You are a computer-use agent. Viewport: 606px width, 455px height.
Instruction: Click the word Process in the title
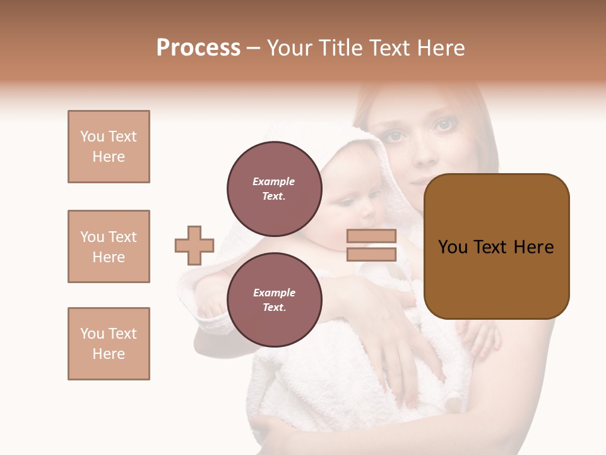[198, 48]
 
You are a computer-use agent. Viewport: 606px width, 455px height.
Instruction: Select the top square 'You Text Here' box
[109, 147]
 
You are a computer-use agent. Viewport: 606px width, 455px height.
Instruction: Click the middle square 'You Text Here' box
[109, 246]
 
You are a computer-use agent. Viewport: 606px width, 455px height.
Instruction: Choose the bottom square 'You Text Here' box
[109, 344]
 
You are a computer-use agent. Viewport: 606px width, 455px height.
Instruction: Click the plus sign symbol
[194, 245]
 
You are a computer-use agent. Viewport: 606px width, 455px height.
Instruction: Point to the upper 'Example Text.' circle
[274, 189]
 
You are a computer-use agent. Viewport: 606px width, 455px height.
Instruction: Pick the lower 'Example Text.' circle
[274, 300]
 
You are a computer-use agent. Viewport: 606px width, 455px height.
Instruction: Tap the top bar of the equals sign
[371, 236]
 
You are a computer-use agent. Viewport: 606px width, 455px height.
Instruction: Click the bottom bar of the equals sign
[371, 254]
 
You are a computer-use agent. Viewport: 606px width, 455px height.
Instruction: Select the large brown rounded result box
[496, 246]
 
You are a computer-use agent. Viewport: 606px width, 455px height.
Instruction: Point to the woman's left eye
[444, 124]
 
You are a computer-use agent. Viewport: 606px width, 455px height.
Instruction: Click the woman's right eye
[396, 135]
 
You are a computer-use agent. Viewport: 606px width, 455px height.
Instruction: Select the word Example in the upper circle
[274, 181]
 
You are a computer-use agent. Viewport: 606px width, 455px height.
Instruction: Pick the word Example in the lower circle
[274, 293]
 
